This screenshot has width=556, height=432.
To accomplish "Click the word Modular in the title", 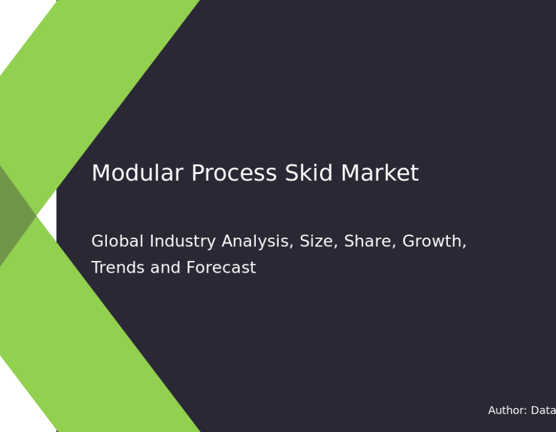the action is pyautogui.click(x=138, y=173).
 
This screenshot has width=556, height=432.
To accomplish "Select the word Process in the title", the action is pyautogui.click(x=234, y=173).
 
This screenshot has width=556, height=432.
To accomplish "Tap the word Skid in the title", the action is pyautogui.click(x=308, y=173).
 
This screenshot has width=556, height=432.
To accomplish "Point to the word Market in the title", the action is pyautogui.click(x=380, y=173).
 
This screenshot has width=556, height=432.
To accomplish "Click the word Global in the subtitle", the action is pyautogui.click(x=117, y=241).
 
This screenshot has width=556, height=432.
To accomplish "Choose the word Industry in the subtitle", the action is pyautogui.click(x=183, y=242).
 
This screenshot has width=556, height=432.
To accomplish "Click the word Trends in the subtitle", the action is pyautogui.click(x=118, y=267).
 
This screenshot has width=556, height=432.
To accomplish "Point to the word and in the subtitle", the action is pyautogui.click(x=165, y=267).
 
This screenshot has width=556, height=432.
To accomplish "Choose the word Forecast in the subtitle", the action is pyautogui.click(x=221, y=267).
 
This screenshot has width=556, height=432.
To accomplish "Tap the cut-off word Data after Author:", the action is pyautogui.click(x=543, y=410).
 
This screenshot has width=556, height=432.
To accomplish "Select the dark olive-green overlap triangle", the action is pyautogui.click(x=14, y=215).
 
